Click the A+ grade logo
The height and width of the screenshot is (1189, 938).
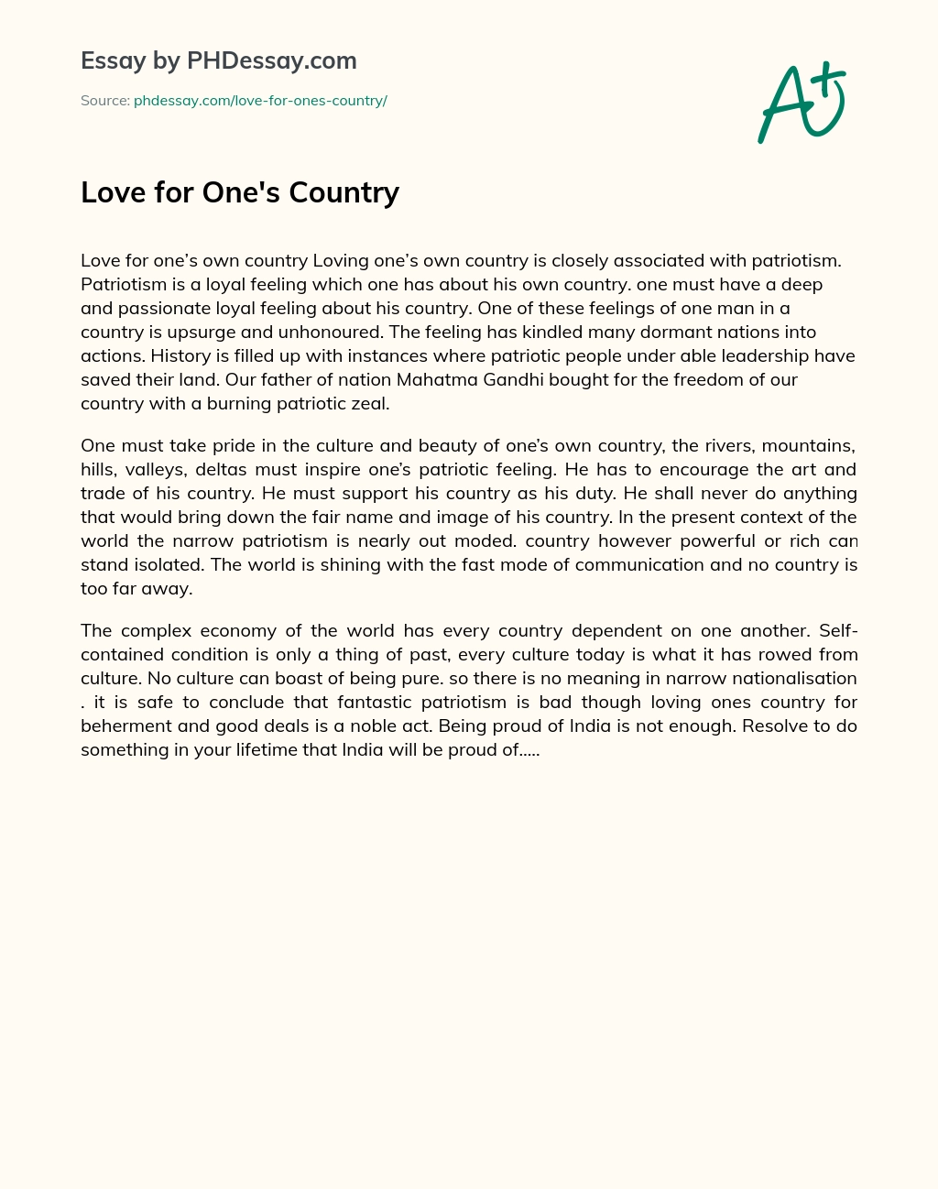click(x=802, y=103)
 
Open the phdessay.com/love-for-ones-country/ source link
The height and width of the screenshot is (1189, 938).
click(x=260, y=101)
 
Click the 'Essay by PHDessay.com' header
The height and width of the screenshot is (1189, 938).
click(x=218, y=60)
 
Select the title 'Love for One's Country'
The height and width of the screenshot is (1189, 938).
click(x=240, y=192)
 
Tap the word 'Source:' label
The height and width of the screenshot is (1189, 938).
click(x=104, y=101)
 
